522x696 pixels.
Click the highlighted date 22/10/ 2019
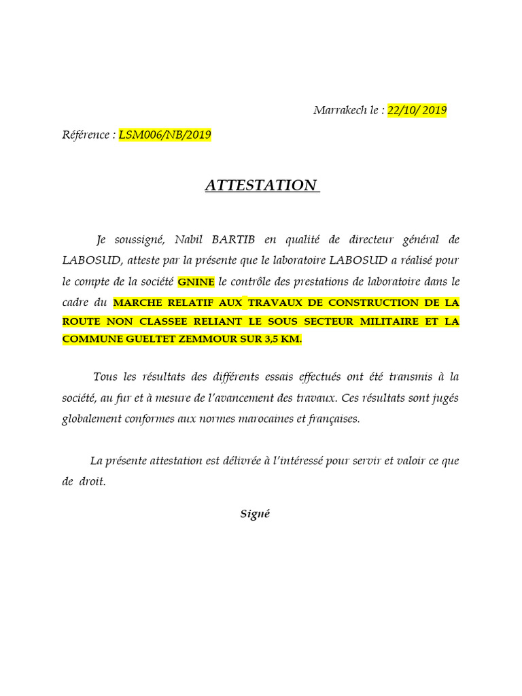point(417,111)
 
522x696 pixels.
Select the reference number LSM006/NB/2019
point(165,135)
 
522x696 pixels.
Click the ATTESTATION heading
point(262,186)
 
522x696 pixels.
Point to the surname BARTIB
point(233,239)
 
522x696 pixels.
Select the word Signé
point(255,514)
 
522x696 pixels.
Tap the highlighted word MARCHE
point(139,302)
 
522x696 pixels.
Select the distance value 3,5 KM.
point(281,339)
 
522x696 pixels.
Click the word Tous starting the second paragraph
point(105,377)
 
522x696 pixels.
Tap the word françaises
point(330,419)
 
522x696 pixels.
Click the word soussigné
point(137,239)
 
